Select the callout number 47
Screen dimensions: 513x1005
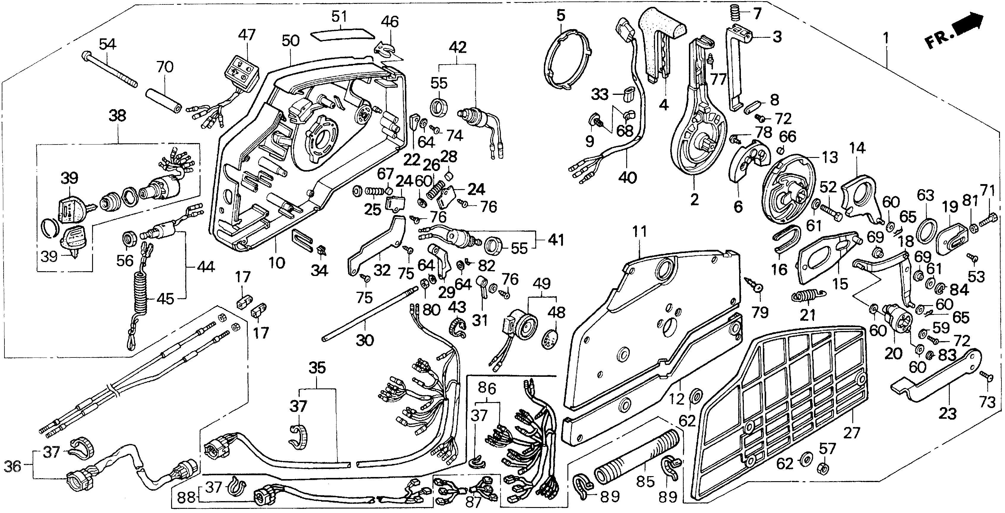coord(247,35)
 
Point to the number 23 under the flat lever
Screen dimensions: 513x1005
coord(947,413)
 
